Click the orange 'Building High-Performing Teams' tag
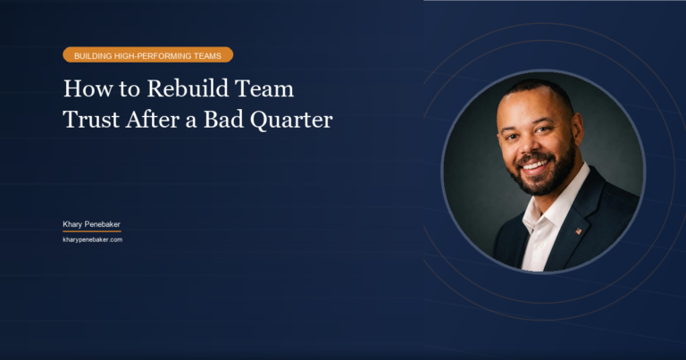pos(147,54)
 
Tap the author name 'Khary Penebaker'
pos(91,223)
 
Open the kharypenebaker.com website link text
pos(92,239)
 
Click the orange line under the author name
pos(91,231)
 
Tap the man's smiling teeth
pos(535,163)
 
